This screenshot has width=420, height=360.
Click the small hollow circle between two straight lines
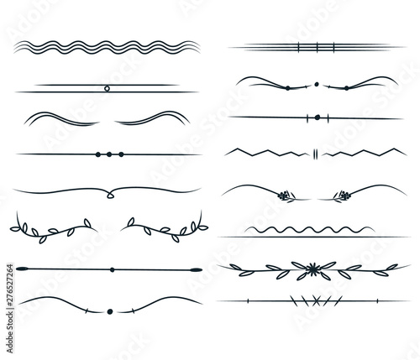pos(107,89)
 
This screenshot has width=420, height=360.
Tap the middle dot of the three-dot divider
pos(109,154)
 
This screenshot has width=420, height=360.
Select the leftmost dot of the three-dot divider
pos(97,154)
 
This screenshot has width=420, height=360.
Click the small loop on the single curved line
pos(110,196)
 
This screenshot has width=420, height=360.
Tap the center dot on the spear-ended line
pos(112,269)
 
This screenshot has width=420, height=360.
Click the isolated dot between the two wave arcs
pos(110,311)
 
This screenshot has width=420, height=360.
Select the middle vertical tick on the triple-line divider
pos(317,48)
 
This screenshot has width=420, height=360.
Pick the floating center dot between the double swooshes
pos(317,84)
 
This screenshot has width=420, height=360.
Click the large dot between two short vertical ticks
pos(318,117)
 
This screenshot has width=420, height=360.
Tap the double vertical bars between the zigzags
pos(315,154)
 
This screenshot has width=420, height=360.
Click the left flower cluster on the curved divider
pos(285,196)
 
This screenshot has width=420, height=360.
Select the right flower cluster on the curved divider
pos(342,196)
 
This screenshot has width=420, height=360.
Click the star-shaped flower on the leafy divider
pos(312,269)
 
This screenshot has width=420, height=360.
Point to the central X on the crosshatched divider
pos(316,300)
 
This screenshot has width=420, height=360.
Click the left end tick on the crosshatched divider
pos(248,301)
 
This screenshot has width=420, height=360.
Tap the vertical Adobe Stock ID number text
pos(10,309)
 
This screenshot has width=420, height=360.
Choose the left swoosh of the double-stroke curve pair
pos(61,118)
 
